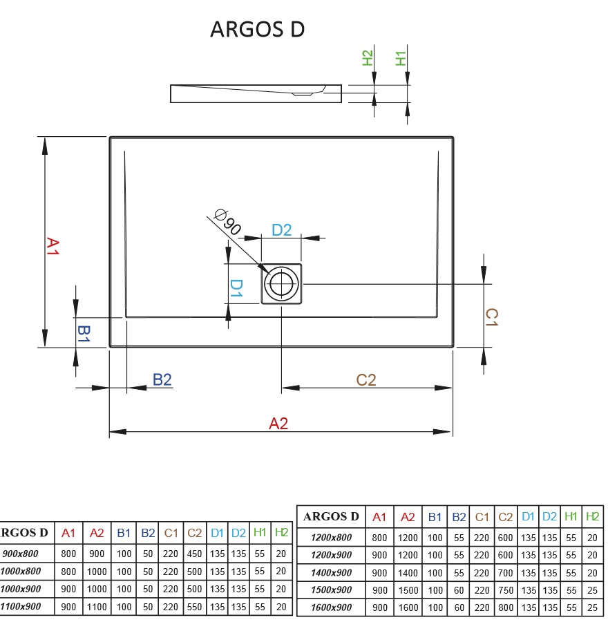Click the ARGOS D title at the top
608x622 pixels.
tap(257, 30)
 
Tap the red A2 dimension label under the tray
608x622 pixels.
tap(278, 424)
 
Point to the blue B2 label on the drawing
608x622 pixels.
tap(162, 379)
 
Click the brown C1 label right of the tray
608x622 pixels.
tap(491, 317)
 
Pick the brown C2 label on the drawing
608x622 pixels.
tap(366, 379)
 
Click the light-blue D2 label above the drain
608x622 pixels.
tap(281, 230)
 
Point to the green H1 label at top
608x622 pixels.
tap(400, 59)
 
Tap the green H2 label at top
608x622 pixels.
tap(368, 59)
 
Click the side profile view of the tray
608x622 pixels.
tap(256, 93)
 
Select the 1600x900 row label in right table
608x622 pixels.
tap(330, 607)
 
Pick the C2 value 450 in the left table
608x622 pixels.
tap(194, 554)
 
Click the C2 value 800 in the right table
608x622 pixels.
tap(506, 607)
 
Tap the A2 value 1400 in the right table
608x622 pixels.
tap(408, 572)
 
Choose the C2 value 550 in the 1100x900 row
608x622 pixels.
tap(194, 607)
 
